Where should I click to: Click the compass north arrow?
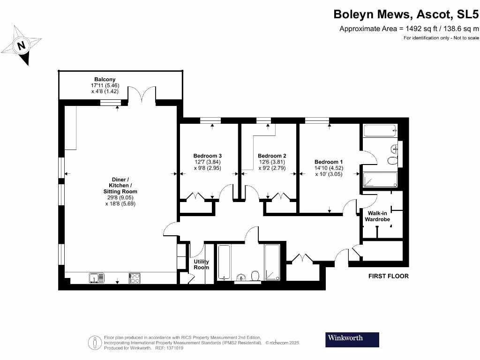pos(21,45)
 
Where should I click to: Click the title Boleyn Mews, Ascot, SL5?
pos(406,14)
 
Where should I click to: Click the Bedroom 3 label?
pos(207,156)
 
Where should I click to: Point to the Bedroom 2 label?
pos(271,156)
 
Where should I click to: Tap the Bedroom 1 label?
pos(329,162)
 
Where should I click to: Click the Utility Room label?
pos(201,264)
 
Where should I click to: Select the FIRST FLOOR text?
pos(388,276)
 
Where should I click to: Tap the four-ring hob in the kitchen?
pos(135,278)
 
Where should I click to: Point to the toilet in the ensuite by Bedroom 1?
pos(393,161)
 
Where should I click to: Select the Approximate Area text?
pos(409,29)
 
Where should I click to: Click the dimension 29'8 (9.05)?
pos(120,198)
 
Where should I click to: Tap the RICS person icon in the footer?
pos(95,342)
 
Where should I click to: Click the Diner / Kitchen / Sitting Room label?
pos(120,186)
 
